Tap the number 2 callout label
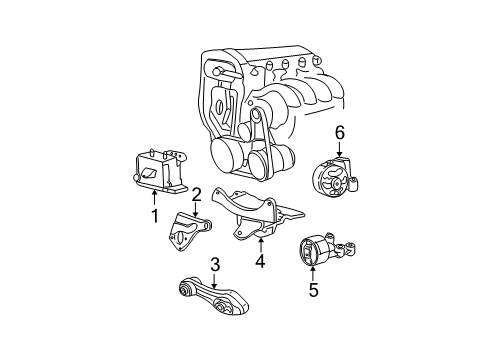[x=196, y=194]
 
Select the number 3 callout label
[x=214, y=264]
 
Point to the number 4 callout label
[x=259, y=264]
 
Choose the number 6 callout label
[x=340, y=132]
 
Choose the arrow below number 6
[x=340, y=150]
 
